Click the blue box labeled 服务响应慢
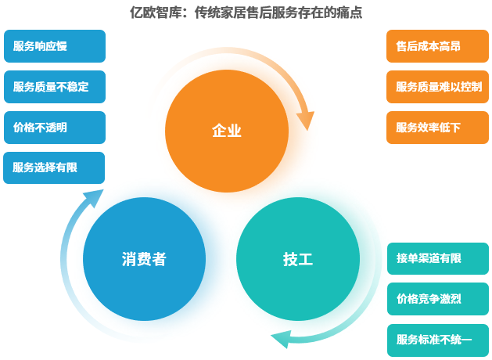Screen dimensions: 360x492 pyautogui.click(x=54, y=46)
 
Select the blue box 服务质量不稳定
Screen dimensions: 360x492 pyautogui.click(x=54, y=87)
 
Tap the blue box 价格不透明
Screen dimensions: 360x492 pyautogui.click(x=54, y=128)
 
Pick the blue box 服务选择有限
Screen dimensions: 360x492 pyautogui.click(x=54, y=167)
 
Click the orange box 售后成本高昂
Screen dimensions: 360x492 pyautogui.click(x=437, y=46)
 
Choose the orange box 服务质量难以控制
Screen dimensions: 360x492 pyautogui.click(x=437, y=87)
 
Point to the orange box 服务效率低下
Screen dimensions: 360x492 pyautogui.click(x=437, y=128)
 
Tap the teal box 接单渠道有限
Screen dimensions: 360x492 pyautogui.click(x=437, y=258)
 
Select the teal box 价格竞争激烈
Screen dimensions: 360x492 pyautogui.click(x=437, y=299)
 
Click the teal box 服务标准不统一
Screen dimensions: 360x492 pyautogui.click(x=437, y=340)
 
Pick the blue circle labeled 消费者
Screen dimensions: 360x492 pyautogui.click(x=144, y=258)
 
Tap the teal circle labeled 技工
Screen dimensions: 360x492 pyautogui.click(x=297, y=258)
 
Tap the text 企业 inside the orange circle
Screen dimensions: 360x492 pyautogui.click(x=227, y=131)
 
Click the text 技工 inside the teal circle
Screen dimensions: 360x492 pyautogui.click(x=297, y=259)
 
